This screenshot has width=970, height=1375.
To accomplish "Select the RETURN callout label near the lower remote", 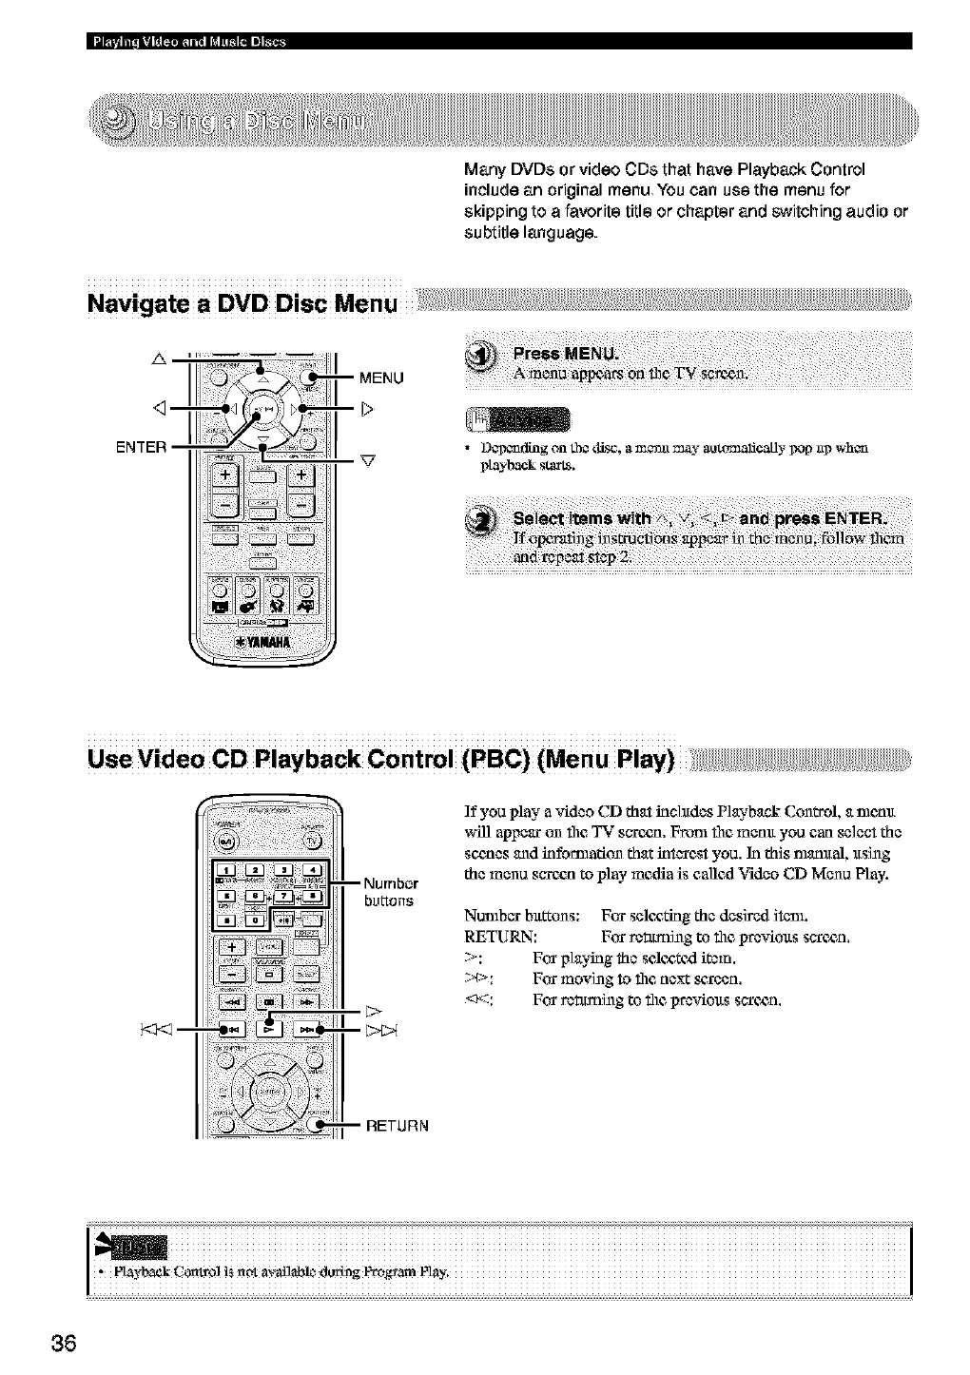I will pos(398,1126).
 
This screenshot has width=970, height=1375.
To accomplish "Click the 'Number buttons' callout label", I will pos(390,892).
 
